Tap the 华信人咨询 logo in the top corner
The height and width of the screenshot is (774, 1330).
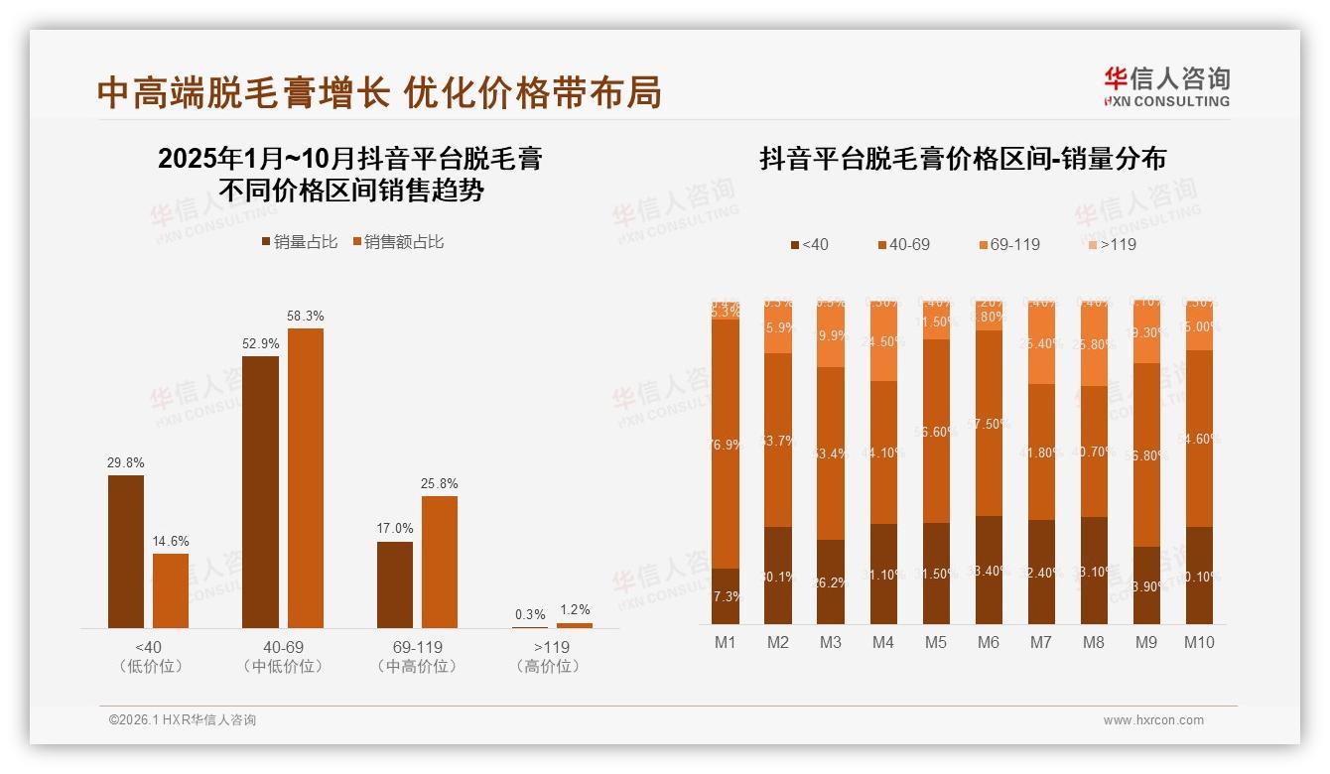(x=1166, y=86)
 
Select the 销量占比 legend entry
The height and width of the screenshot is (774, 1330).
(x=299, y=242)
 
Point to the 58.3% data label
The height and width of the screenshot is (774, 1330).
(x=305, y=316)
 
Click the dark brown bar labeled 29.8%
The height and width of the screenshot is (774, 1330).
(x=126, y=551)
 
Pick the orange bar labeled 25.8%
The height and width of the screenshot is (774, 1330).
(x=440, y=561)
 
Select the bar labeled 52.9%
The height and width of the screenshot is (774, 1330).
(x=260, y=491)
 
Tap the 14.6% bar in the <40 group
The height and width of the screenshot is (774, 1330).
(x=171, y=590)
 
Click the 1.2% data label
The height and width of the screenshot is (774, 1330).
(x=574, y=609)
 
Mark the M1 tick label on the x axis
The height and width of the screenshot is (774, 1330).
(x=726, y=642)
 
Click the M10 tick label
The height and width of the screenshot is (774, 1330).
(x=1199, y=642)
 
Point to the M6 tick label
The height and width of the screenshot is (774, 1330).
(x=989, y=642)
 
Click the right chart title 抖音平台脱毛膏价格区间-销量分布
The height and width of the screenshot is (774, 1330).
(x=962, y=159)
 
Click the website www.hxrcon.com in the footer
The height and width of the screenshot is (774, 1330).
(x=1153, y=720)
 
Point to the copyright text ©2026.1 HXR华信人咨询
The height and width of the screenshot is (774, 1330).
(x=183, y=720)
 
